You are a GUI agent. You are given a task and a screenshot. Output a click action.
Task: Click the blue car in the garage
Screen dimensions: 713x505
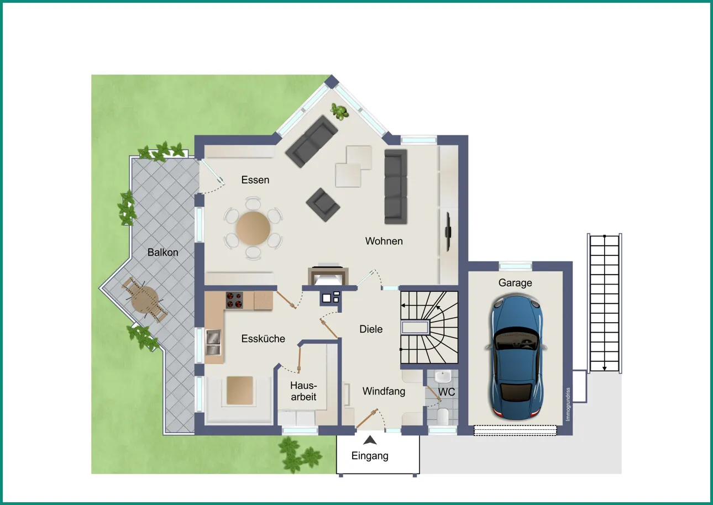coord(516,357)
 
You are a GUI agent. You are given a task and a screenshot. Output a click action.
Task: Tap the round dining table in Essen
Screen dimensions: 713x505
coord(253,228)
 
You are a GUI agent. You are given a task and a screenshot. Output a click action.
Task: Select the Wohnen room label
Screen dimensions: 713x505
coord(384,241)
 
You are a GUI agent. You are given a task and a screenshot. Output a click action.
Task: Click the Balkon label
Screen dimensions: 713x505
coord(162,252)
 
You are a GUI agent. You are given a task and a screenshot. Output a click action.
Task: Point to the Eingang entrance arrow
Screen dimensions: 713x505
coord(370,440)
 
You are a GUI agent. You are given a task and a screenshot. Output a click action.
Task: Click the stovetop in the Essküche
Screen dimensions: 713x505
coord(234,300)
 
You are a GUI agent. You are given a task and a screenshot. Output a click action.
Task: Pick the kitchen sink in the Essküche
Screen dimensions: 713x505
coord(213,342)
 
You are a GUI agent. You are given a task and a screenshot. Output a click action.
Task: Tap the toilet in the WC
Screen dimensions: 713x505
coord(443,416)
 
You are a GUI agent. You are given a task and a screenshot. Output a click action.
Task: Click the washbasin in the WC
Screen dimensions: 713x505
coord(443,376)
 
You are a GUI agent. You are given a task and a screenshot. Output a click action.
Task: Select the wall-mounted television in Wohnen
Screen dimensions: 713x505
coord(448,232)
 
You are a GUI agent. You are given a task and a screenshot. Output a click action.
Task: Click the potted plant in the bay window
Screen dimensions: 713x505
coord(339,112)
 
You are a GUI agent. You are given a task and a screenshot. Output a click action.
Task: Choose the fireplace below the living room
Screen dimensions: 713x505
coord(328,275)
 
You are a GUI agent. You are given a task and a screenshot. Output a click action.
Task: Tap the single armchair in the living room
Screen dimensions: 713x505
coord(323,204)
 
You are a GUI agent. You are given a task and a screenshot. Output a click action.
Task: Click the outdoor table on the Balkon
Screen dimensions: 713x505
coord(144,299)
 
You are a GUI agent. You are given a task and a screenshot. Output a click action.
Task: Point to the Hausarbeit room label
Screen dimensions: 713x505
coord(303,391)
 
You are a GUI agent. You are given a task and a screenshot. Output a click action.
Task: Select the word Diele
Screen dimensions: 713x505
coord(371,329)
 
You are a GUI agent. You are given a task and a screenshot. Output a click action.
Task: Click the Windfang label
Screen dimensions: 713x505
coord(384,391)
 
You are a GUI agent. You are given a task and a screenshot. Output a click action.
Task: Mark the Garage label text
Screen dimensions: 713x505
coord(515,282)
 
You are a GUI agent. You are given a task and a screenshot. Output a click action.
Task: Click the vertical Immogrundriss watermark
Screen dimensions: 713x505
coord(568,404)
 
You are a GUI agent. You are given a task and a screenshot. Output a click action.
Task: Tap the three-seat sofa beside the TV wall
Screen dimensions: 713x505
coord(396,186)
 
